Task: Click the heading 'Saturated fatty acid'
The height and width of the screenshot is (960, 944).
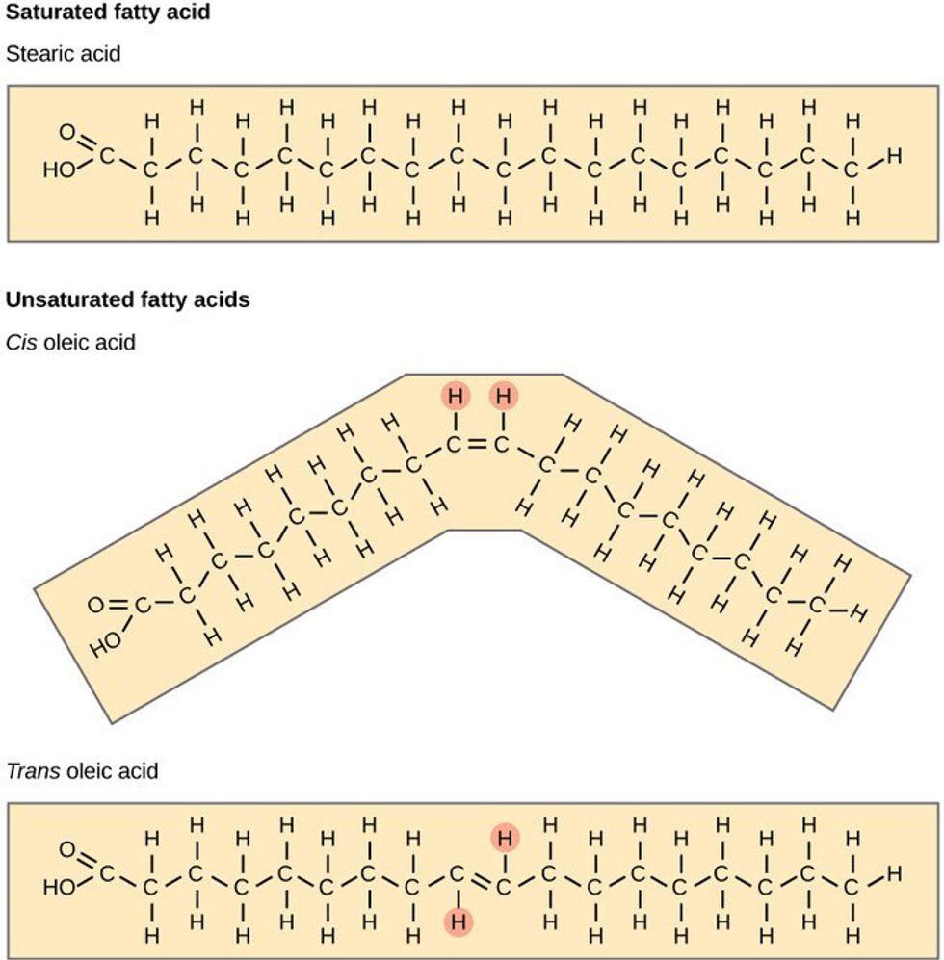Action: point(108,13)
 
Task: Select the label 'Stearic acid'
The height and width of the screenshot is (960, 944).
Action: point(64,54)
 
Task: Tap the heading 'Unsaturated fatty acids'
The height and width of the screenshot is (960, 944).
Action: point(128,299)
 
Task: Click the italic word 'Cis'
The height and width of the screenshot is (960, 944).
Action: point(22,342)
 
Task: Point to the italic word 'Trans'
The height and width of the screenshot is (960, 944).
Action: point(33,770)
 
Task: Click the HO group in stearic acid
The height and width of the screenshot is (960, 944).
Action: point(59,169)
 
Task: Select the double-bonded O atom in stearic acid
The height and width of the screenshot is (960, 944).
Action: point(66,132)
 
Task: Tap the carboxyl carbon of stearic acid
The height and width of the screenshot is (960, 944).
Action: point(107,156)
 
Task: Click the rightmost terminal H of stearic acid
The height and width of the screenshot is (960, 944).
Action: point(894,156)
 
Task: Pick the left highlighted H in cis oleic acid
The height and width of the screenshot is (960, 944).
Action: point(456,396)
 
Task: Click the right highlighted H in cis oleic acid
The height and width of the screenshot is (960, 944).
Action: point(503,396)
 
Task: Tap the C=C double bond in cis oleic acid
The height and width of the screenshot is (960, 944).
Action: point(477,445)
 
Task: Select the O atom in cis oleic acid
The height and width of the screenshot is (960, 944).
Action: point(96,605)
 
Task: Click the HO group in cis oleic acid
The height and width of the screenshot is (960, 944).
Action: point(106,644)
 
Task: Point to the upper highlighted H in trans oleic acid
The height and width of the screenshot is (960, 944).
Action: point(505,837)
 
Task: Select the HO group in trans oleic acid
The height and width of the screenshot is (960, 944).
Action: point(59,887)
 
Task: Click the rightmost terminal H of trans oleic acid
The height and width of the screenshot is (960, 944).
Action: point(894,873)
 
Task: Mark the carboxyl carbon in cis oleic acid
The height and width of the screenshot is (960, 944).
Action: point(143,606)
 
